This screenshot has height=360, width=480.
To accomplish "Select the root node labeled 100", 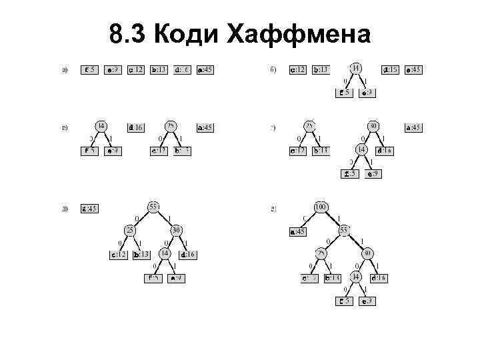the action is (321, 208).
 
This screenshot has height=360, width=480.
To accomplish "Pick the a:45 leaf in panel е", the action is (297, 232).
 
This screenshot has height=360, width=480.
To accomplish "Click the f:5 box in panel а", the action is (89, 69).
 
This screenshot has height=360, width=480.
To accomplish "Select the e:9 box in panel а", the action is (113, 69).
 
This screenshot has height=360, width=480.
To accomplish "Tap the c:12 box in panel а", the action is (135, 69).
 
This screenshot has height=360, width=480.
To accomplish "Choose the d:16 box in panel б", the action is (390, 69).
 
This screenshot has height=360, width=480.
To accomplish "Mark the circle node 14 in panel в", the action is (101, 126).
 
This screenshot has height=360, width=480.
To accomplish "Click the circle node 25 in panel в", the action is (171, 126).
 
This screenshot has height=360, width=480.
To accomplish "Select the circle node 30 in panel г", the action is (373, 126).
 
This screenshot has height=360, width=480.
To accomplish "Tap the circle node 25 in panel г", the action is (309, 126).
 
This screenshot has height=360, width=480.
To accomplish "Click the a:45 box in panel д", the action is (89, 209).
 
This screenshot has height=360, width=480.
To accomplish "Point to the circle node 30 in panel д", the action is (177, 231).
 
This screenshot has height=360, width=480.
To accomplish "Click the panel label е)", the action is (273, 209).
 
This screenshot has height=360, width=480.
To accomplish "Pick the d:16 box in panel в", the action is (135, 127).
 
